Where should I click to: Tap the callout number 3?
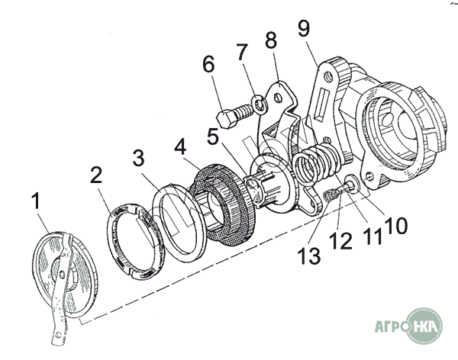pyautogui.click(x=137, y=159)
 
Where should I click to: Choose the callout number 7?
pyautogui.click(x=242, y=54)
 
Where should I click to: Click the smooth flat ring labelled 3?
pyautogui.click(x=179, y=220)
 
